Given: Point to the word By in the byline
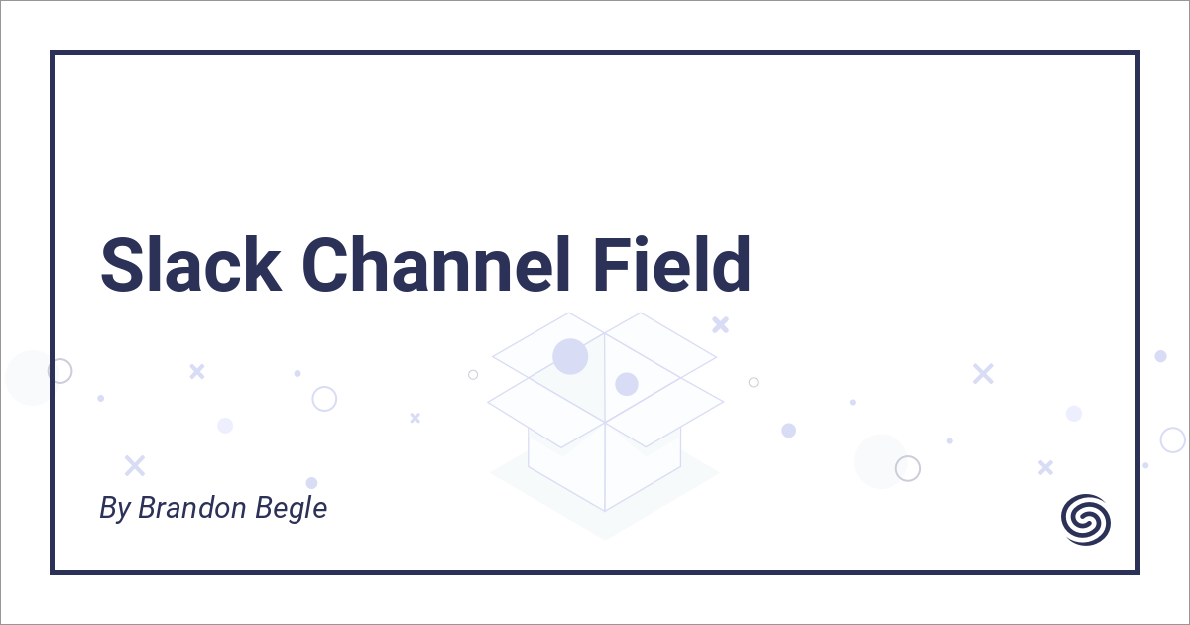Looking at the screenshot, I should pyautogui.click(x=114, y=509).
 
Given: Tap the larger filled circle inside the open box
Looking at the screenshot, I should pyautogui.click(x=570, y=356).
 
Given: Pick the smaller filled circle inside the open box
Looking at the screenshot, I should pyautogui.click(x=626, y=384).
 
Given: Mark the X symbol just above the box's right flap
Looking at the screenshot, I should pyautogui.click(x=721, y=323).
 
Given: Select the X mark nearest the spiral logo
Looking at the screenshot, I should pyautogui.click(x=1044, y=466).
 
